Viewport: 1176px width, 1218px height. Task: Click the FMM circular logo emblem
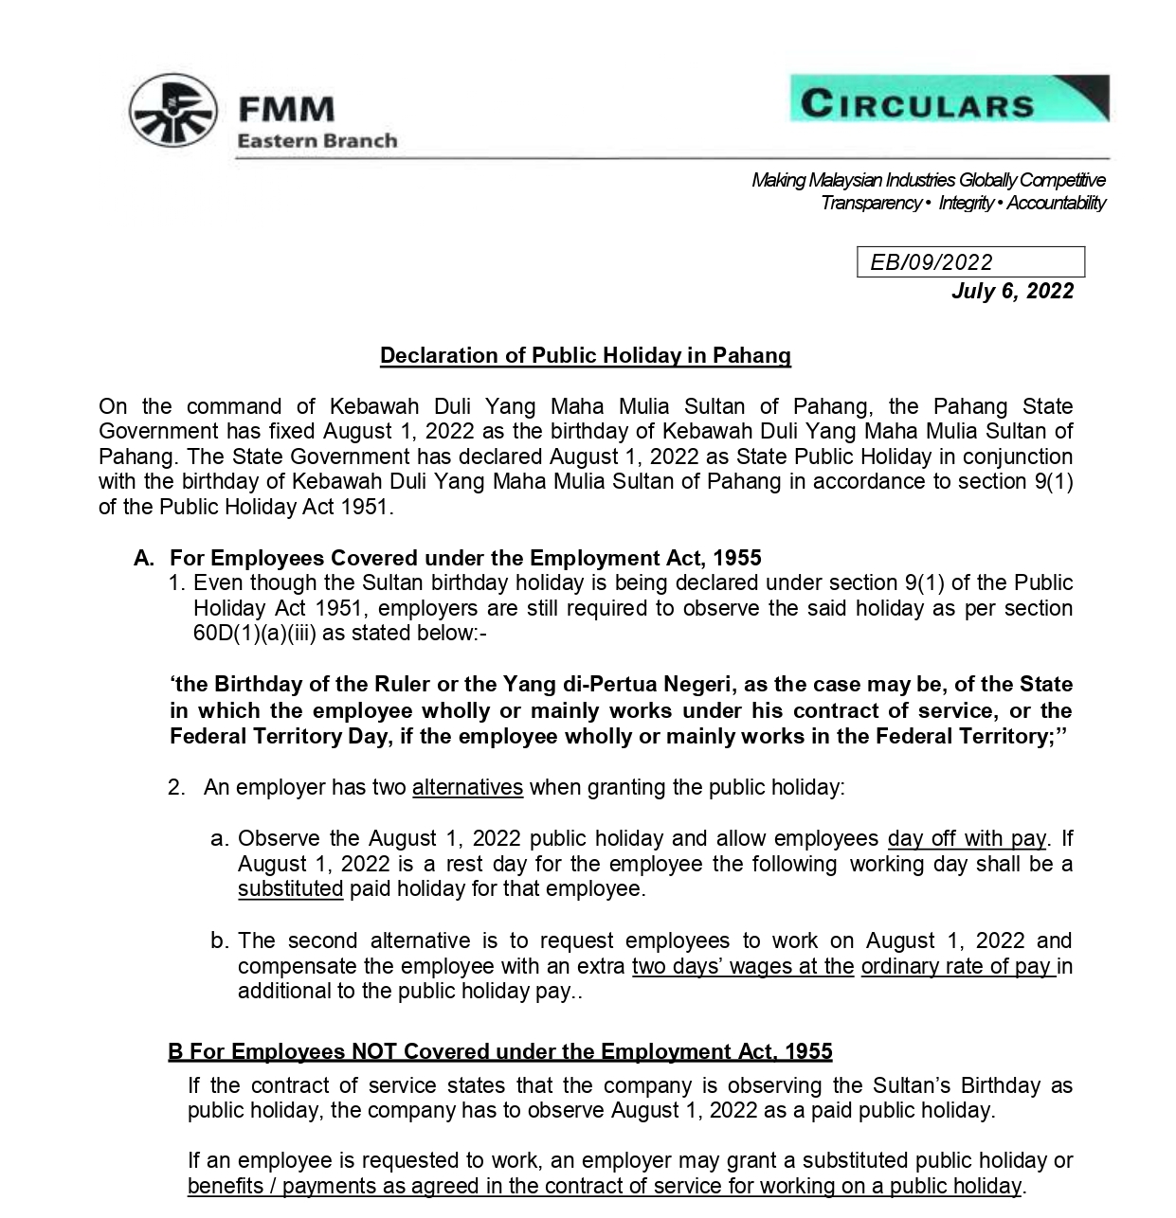pyautogui.click(x=172, y=113)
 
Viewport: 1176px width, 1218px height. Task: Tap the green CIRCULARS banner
pyautogui.click(x=949, y=99)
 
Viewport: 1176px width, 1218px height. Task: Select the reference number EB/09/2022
pyautogui.click(x=931, y=262)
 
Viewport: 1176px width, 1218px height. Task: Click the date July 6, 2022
pyautogui.click(x=1012, y=291)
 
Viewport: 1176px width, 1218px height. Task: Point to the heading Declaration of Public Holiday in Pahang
pyautogui.click(x=585, y=356)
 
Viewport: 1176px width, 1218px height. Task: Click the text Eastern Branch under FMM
pyautogui.click(x=317, y=141)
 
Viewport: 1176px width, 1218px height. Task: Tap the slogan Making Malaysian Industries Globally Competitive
pyautogui.click(x=928, y=180)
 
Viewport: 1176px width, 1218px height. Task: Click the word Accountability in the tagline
pyautogui.click(x=1056, y=203)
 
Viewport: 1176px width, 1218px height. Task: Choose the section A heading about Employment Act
pyautogui.click(x=465, y=558)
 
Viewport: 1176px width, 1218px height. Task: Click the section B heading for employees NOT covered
pyautogui.click(x=499, y=1052)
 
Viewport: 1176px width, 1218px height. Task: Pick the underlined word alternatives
pyautogui.click(x=467, y=788)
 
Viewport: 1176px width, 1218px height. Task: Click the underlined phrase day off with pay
pyautogui.click(x=966, y=839)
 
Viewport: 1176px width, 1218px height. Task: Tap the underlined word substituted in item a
pyautogui.click(x=290, y=889)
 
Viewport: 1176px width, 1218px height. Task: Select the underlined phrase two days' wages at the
pyautogui.click(x=743, y=967)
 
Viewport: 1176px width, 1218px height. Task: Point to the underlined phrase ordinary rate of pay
pyautogui.click(x=957, y=967)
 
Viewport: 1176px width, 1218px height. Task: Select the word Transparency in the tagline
pyautogui.click(x=870, y=203)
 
